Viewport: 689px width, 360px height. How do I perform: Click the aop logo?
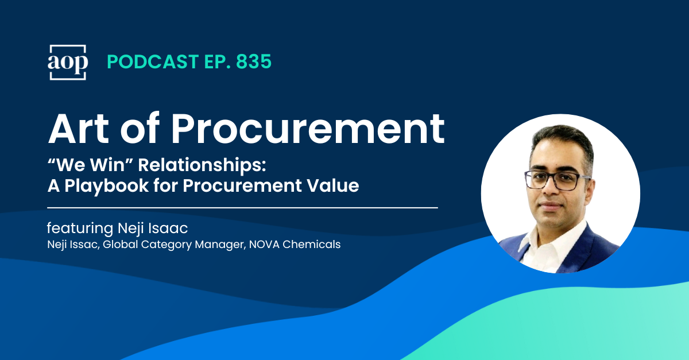click(x=68, y=62)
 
